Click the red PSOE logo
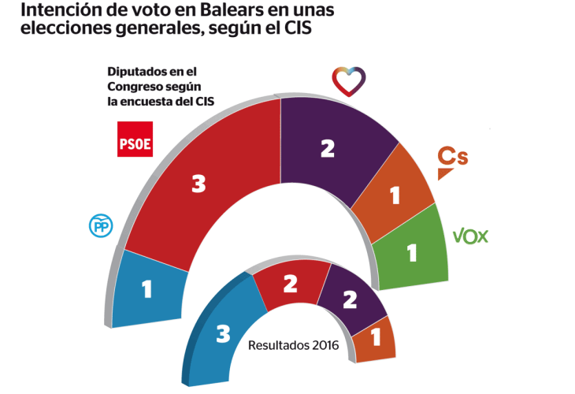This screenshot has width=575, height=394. point(134,139)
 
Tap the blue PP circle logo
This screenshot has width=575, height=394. point(102,225)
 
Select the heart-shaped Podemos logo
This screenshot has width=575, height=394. point(349,80)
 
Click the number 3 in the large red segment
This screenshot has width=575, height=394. point(198,184)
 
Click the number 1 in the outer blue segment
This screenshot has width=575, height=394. point(147,289)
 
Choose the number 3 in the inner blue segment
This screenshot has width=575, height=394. point(223,335)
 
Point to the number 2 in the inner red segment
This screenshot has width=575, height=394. point(290,284)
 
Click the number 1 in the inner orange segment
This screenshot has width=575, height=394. point(376,338)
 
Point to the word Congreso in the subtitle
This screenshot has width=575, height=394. point(134,86)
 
